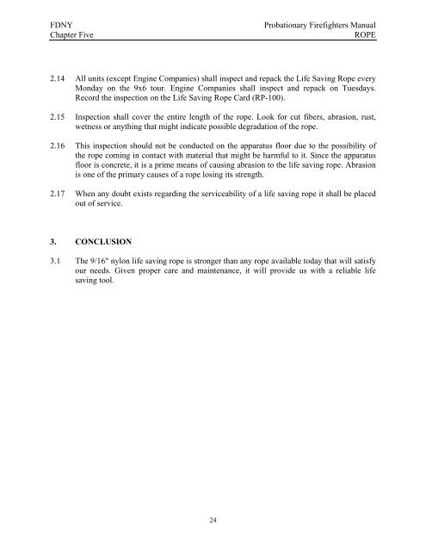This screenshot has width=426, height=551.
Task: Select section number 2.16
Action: [x=37, y=172]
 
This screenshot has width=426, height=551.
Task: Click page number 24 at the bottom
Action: [x=213, y=521]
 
